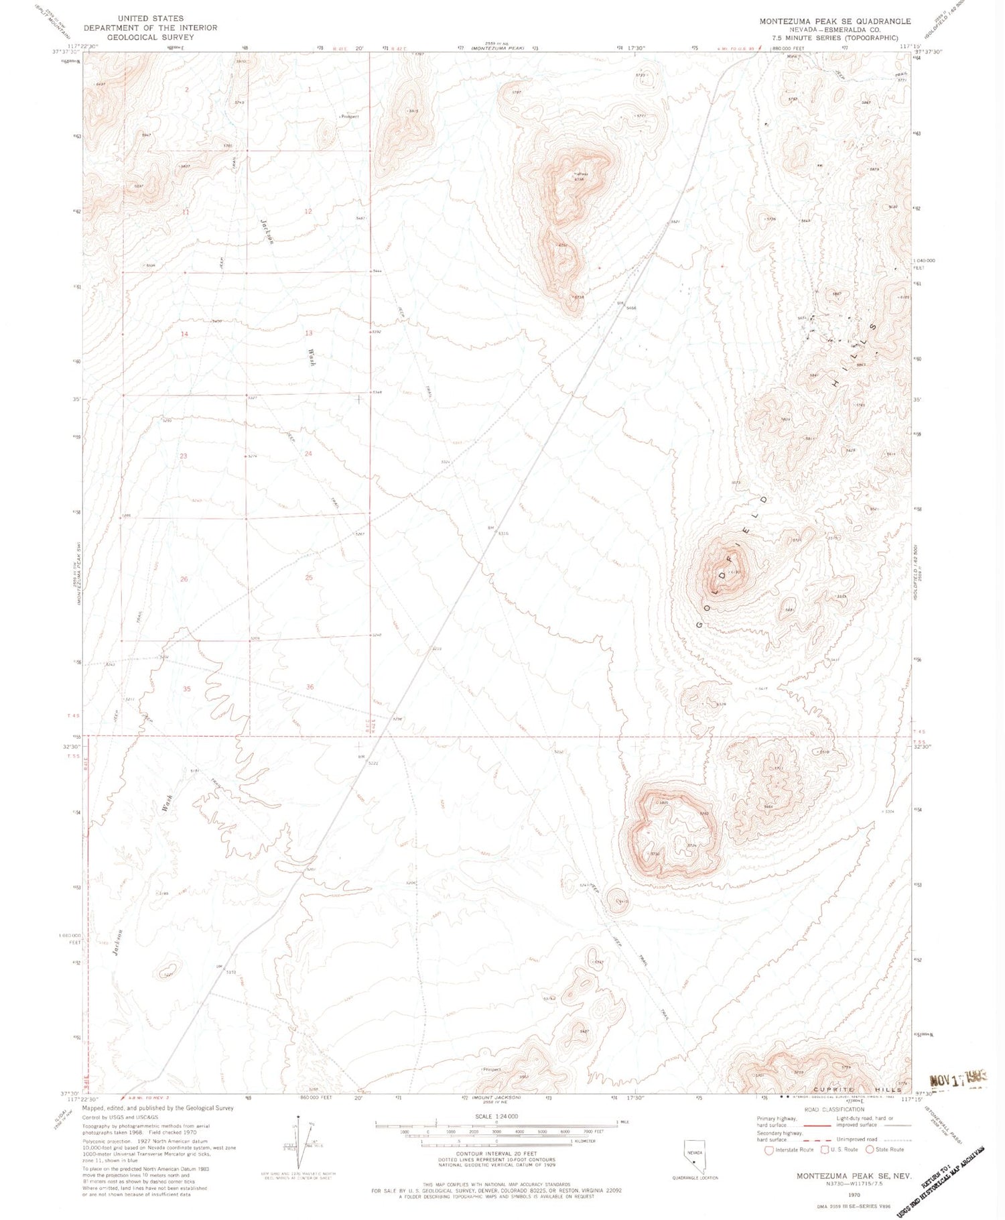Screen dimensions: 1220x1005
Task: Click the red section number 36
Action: coord(310,687)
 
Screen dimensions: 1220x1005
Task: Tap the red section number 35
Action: coord(187,689)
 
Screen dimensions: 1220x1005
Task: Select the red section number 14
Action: coord(184,334)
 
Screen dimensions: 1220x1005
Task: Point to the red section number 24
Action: coord(308,454)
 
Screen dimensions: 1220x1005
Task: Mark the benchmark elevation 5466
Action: coord(630,308)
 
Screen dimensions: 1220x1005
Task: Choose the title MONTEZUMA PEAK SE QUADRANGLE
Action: coord(835,21)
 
